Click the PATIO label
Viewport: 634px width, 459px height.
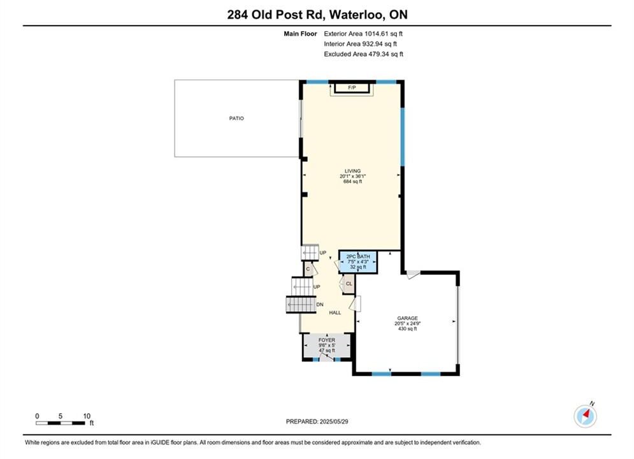tap(236, 118)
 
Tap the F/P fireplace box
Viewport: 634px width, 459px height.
tap(352, 88)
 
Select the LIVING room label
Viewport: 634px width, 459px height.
tap(352, 171)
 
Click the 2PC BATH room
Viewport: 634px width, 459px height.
tap(358, 261)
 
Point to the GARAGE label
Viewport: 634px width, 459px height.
tap(407, 318)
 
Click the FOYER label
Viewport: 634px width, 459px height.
tap(327, 340)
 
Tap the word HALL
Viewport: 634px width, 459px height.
tap(335, 312)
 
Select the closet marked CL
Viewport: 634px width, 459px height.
tap(348, 284)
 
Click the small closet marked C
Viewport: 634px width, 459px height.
tap(308, 269)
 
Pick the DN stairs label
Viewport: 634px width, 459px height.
tap(320, 305)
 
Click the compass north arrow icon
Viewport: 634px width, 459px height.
tap(585, 416)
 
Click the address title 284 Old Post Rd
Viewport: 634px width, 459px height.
tap(275, 15)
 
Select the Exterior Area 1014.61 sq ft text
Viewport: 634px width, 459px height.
tap(363, 34)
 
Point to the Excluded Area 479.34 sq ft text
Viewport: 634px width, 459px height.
tap(363, 54)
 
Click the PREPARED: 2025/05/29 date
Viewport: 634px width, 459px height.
tap(317, 421)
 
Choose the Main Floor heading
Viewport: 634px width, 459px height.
tap(300, 34)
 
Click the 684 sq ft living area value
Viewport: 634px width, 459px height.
tap(352, 182)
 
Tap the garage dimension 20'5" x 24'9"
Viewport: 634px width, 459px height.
tap(408, 323)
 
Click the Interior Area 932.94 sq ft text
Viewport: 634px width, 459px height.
tap(360, 44)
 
